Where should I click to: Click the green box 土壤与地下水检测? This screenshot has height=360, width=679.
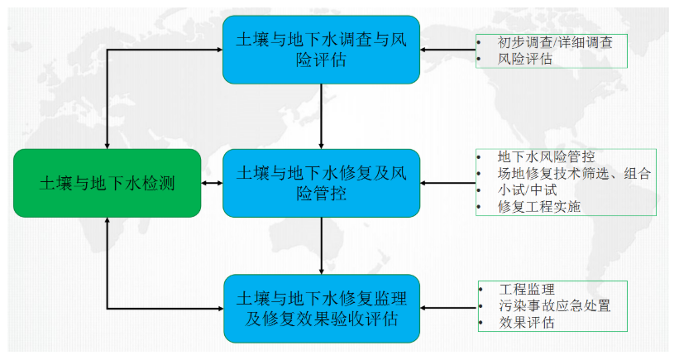coord(107,183)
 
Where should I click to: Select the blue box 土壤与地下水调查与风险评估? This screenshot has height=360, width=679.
coord(321,50)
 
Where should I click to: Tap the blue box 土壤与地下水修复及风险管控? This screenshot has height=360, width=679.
coord(321,183)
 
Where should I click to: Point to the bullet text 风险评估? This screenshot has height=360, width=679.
coord(526,59)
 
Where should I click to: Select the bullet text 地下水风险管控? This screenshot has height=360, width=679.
coord(546,156)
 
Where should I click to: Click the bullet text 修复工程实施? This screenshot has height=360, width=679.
coord(539,207)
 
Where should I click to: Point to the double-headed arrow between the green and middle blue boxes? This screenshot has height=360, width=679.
coord(212,183)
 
